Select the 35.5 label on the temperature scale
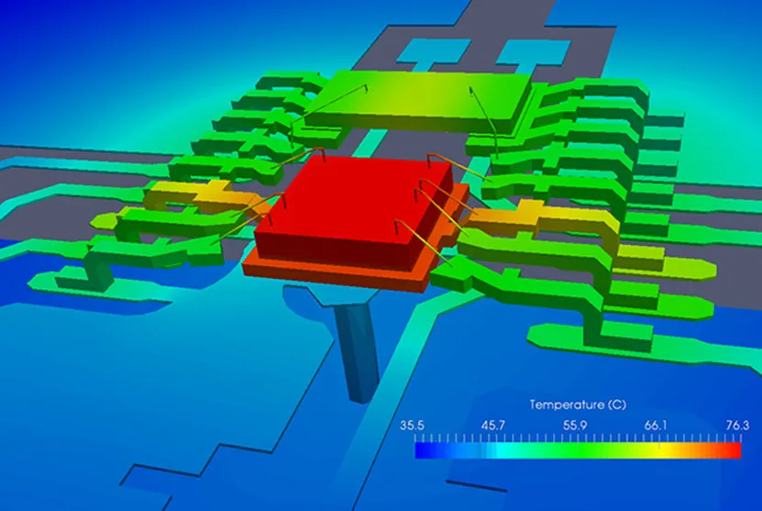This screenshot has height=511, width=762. click(412, 426)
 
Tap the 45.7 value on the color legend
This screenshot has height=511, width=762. click(493, 426)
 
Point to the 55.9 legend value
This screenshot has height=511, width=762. click(575, 426)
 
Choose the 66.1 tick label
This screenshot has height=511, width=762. click(656, 426)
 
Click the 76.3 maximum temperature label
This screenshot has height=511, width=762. click(738, 426)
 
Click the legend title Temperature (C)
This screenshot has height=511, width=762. click(578, 405)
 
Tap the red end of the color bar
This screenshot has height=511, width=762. click(732, 450)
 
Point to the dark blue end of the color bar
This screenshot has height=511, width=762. click(425, 450)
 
